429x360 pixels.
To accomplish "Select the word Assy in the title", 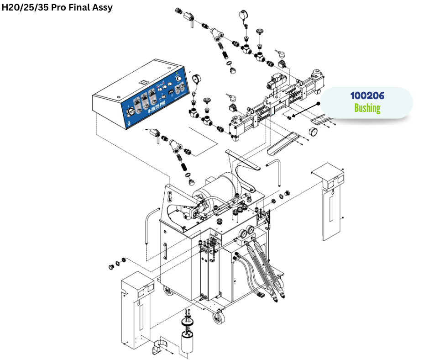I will pos(101,7).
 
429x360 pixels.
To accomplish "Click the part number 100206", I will pos(367,96).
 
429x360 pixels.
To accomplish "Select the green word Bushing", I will pos(367,108).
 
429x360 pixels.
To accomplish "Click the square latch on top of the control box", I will pos(142,82).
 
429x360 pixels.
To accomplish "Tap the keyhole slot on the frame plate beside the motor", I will pos(170,197).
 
